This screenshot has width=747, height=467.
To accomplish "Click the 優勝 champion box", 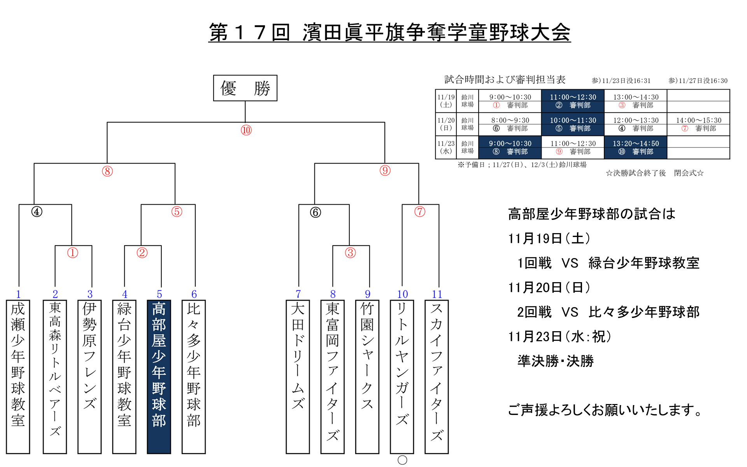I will point(245,88).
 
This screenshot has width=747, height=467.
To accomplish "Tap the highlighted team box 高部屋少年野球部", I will point(159,376).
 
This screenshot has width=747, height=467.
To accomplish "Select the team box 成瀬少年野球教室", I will point(18,376).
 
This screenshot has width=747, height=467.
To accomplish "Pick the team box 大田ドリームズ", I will point(298,376).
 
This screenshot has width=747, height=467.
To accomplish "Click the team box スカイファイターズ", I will point(437,376).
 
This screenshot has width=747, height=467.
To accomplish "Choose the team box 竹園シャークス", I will point(367,376).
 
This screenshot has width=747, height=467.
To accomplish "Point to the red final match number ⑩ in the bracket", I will point(246,130).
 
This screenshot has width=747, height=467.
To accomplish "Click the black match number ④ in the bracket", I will point(37,212).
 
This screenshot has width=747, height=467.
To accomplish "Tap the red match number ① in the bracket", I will point(73,253).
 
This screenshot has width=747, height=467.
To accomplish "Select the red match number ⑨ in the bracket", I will point(385,170).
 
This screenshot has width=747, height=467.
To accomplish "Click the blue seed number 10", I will point(402,294).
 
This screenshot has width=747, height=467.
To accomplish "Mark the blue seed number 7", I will point(298,294).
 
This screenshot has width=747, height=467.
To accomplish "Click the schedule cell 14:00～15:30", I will point(698,120).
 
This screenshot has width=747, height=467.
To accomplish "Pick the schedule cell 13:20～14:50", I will point(636,144).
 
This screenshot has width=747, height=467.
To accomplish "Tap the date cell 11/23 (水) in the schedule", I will point(445,147).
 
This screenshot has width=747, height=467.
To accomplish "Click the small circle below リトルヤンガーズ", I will point(402,460).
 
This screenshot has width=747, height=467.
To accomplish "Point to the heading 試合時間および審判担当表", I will point(505,80).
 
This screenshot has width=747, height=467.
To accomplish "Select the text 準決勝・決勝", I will point(555,361).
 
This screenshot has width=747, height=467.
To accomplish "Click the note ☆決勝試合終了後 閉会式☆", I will point(654,173).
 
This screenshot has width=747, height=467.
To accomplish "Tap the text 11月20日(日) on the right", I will point(549,288).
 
